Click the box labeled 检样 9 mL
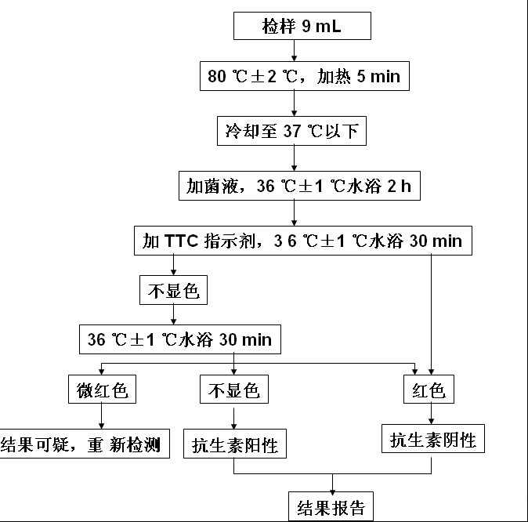(294, 29)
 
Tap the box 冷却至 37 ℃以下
(292, 131)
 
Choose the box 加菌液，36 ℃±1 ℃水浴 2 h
(294, 186)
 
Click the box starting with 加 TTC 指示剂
(302, 241)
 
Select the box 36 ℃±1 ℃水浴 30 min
(179, 339)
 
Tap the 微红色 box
(102, 389)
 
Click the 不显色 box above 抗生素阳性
(233, 389)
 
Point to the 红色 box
(429, 389)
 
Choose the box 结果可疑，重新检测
(84, 445)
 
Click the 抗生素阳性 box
(234, 445)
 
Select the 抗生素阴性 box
(433, 439)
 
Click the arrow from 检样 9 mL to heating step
(294, 53)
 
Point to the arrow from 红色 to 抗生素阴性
(430, 413)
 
